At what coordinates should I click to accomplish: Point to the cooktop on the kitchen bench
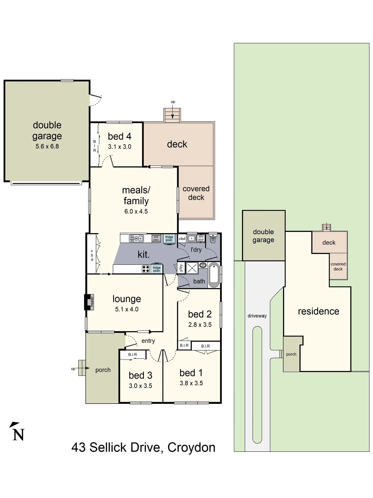(146, 269)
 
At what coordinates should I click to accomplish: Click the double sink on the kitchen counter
(136, 238)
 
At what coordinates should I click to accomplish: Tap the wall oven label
(156, 238)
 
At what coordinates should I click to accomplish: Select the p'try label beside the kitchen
(181, 268)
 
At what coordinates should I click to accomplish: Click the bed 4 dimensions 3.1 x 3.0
(120, 147)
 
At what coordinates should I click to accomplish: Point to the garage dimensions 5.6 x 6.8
(47, 146)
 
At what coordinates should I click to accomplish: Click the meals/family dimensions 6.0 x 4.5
(136, 211)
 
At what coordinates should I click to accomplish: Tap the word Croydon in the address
(191, 448)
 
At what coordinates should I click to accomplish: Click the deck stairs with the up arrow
(172, 115)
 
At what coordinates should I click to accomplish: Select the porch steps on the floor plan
(82, 368)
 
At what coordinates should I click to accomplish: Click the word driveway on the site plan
(257, 316)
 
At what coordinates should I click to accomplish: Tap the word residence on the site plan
(319, 311)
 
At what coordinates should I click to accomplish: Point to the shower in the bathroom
(192, 268)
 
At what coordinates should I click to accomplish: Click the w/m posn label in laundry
(201, 238)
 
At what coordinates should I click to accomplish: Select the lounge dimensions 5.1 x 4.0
(127, 309)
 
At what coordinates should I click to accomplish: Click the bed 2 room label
(200, 314)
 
